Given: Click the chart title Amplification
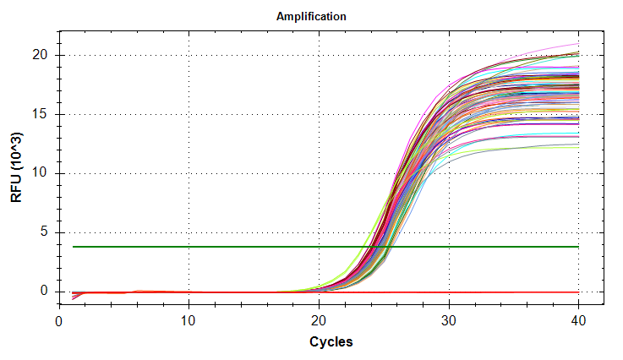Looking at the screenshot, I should (311, 16).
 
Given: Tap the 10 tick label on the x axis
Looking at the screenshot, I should (189, 321).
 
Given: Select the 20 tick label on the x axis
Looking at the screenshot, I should (319, 321).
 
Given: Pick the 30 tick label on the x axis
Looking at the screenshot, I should (449, 321).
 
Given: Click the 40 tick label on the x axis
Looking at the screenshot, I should (578, 321).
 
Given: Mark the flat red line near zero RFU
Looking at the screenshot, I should (338, 292).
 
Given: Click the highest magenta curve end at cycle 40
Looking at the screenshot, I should (578, 43).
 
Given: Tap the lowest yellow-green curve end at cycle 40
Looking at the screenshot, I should (578, 146).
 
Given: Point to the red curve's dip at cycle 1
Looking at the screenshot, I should (73, 298).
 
